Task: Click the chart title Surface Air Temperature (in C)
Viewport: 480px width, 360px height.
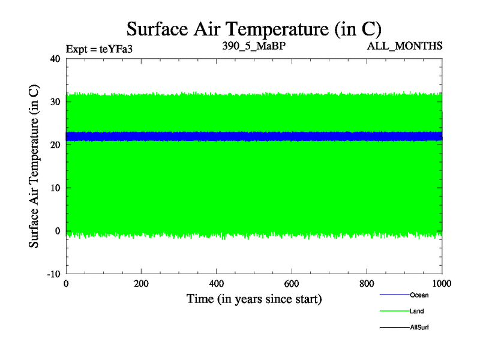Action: pyautogui.click(x=254, y=28)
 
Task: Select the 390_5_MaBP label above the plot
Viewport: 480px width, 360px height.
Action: pyautogui.click(x=253, y=46)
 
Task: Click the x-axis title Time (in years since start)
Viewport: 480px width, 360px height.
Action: pyautogui.click(x=254, y=299)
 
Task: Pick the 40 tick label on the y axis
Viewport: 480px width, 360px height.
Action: pyautogui.click(x=56, y=59)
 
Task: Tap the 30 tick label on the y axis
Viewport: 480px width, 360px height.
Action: pyautogui.click(x=56, y=102)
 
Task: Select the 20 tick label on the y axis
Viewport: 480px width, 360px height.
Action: pyautogui.click(x=56, y=145)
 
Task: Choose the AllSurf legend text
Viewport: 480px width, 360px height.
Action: pyautogui.click(x=419, y=328)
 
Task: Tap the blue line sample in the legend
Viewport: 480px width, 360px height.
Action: pyautogui.click(x=394, y=295)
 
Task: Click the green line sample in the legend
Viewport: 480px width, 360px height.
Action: pyautogui.click(x=394, y=311)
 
